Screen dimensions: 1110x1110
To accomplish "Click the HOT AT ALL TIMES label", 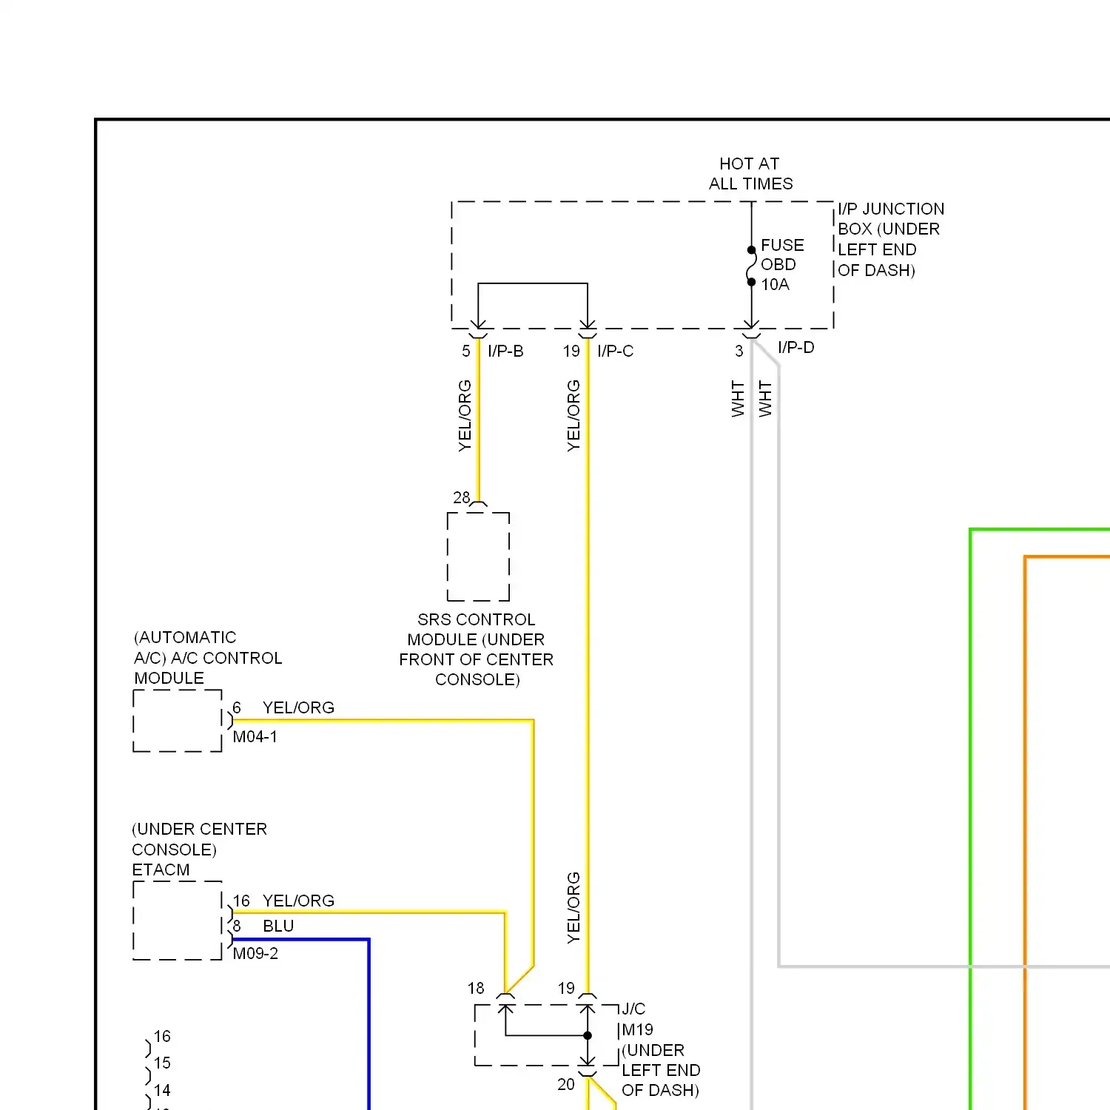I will click(x=750, y=174).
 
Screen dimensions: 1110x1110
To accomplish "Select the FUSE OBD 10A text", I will click(x=781, y=265).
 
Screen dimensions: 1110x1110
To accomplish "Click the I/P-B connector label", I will click(x=505, y=351).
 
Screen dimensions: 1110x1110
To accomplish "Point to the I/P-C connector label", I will click(x=615, y=351).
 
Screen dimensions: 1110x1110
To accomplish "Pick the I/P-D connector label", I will click(x=795, y=348).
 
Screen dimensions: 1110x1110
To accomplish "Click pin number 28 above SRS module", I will click(x=462, y=498).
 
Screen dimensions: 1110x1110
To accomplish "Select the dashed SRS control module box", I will click(x=478, y=556).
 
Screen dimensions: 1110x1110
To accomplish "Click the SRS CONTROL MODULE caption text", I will click(x=477, y=650).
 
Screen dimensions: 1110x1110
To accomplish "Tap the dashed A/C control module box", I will click(x=178, y=721).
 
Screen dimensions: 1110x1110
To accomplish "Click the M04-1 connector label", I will click(x=255, y=737).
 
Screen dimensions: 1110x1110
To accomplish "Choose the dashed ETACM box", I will click(x=178, y=921).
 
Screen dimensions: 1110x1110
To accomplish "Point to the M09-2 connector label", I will click(x=255, y=954).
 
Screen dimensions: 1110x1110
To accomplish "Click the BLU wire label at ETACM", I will click(x=278, y=926).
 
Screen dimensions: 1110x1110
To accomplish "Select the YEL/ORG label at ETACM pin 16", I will click(x=298, y=901).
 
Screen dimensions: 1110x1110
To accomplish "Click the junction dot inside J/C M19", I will click(x=588, y=1036).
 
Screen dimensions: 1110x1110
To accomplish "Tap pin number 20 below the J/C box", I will click(x=566, y=1085).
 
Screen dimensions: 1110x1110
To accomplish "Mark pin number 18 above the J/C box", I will click(x=476, y=989).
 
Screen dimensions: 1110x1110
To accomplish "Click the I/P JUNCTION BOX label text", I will click(x=890, y=240).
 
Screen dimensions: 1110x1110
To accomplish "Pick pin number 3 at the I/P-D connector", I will click(x=739, y=351).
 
